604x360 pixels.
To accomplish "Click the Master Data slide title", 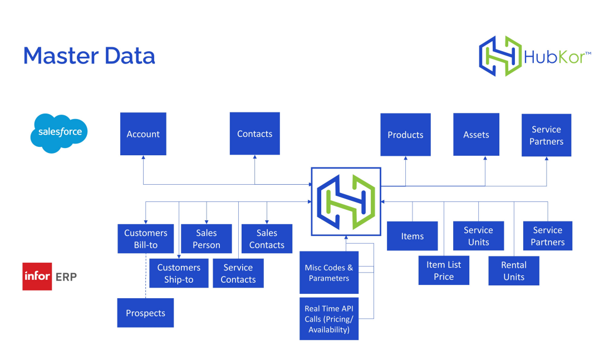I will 89,56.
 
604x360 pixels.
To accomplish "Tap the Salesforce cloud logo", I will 60,132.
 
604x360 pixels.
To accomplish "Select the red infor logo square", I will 37,277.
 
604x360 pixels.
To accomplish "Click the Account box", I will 143,134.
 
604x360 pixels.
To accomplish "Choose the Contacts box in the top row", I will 254,134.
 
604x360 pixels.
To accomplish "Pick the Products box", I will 405,135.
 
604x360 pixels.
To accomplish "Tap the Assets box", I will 476,135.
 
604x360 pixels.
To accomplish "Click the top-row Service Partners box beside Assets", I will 546,135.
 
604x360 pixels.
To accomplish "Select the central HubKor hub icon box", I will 346,201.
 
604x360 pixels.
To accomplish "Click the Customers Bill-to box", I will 145,239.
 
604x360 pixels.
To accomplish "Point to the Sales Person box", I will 207,239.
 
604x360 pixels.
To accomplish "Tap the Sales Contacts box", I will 267,239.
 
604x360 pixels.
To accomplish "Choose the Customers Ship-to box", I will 179,273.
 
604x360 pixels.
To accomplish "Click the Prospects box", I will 145,313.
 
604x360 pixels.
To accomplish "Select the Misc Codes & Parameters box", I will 328,273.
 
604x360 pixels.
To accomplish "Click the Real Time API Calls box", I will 328,319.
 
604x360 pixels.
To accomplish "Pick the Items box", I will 412,236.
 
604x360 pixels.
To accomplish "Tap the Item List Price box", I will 444,270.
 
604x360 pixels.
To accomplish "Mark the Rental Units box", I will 514,270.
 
